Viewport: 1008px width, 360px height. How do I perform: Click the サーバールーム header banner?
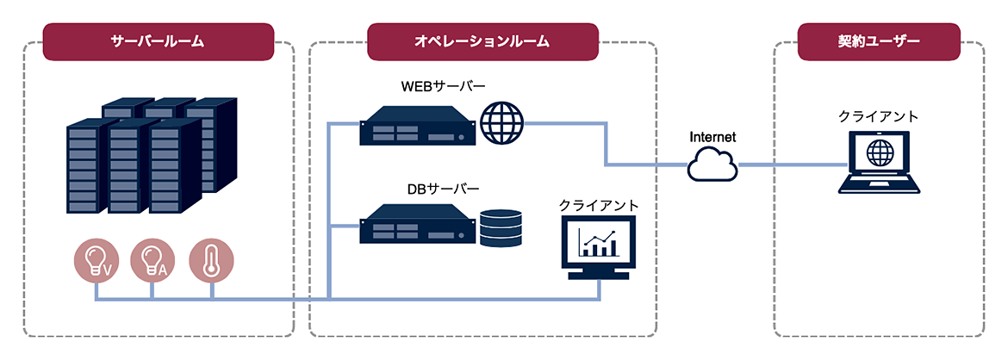click(159, 42)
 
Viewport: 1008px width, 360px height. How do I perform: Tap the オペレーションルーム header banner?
click(482, 42)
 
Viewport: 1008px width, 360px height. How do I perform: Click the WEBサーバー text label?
click(444, 85)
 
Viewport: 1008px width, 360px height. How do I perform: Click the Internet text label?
click(712, 137)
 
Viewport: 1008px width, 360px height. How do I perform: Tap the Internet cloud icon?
click(712, 164)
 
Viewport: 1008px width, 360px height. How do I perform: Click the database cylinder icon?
click(500, 227)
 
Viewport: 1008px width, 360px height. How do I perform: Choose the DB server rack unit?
click(417, 223)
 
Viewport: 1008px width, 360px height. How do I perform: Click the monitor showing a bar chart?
click(598, 247)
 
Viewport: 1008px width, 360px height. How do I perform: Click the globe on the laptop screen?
click(880, 153)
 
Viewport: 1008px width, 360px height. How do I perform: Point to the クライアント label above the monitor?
click(599, 206)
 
